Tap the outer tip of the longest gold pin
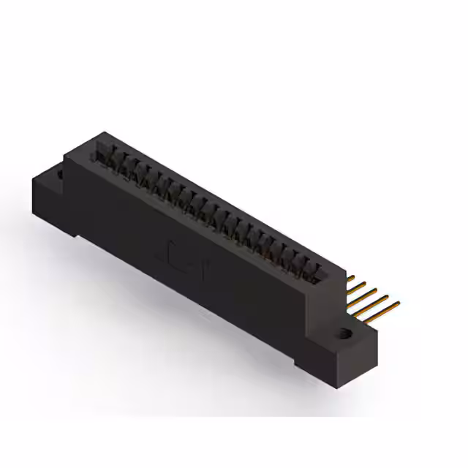399,302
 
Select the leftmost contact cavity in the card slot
103,154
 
